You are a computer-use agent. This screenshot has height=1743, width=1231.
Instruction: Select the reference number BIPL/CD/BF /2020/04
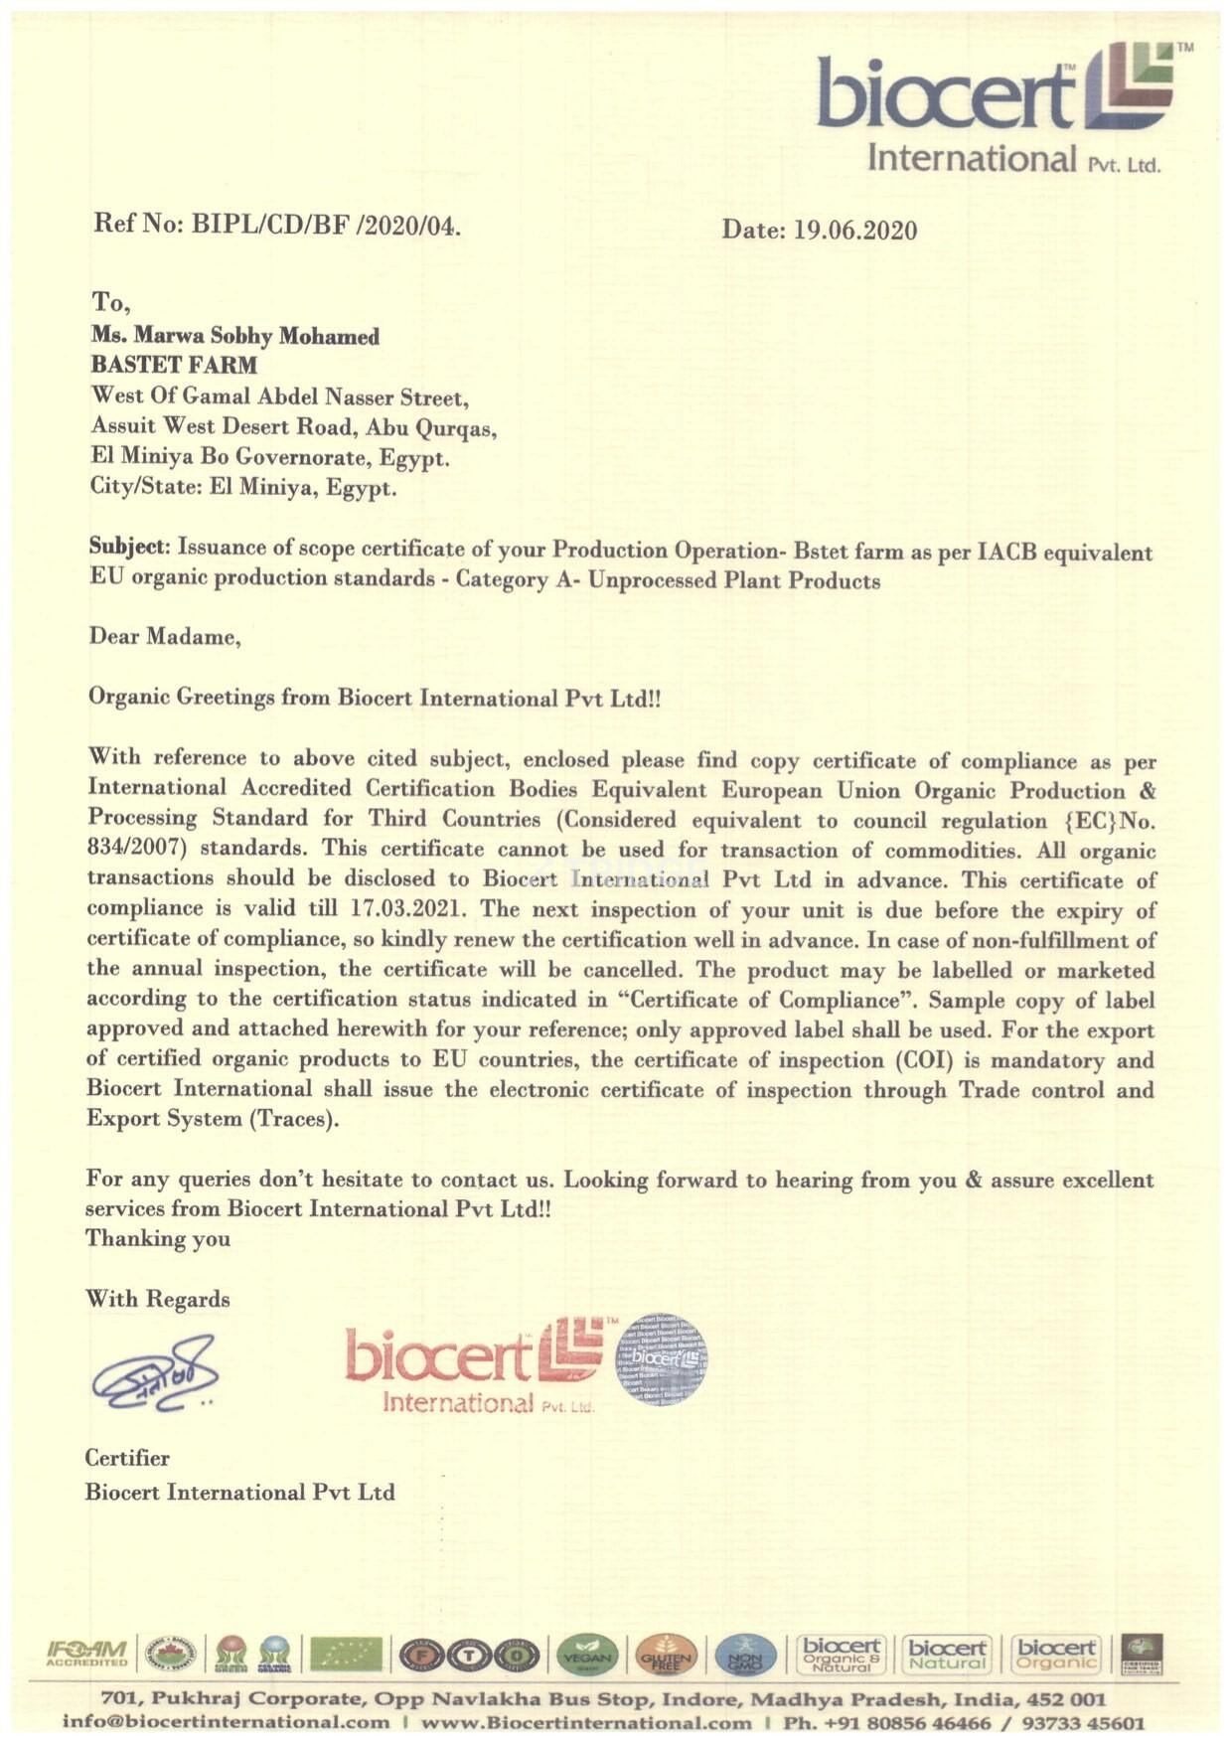coord(326,225)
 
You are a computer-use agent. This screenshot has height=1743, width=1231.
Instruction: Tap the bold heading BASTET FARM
coord(174,366)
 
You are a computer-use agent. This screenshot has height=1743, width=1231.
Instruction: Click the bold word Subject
coord(129,547)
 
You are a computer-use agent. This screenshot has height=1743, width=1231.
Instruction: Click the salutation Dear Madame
coord(165,636)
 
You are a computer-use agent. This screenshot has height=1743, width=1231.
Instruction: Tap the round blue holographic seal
coord(662,1358)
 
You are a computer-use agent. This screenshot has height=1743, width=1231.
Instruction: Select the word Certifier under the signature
coord(127,1458)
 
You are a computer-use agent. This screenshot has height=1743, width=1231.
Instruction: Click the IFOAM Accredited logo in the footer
coord(87,1655)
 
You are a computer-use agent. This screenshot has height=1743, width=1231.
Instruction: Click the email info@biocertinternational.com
coord(226,1722)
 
